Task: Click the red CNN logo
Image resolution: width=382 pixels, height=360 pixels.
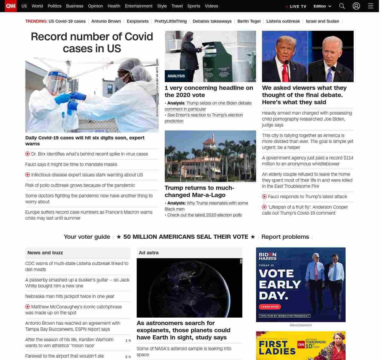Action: click(x=11, y=6)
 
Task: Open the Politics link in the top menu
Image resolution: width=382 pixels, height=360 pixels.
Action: click(x=54, y=6)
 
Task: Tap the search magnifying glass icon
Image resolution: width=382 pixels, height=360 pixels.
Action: click(x=342, y=6)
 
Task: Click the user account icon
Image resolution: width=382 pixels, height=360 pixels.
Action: click(x=356, y=6)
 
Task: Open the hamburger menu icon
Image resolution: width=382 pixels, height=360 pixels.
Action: click(x=371, y=6)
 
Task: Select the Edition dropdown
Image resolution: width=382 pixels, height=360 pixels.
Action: click(x=322, y=6)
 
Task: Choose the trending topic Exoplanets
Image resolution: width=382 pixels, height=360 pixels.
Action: click(x=138, y=21)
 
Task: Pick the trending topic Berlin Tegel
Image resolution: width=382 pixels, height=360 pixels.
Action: click(x=249, y=21)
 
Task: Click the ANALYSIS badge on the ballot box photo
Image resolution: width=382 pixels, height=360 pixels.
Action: click(x=176, y=76)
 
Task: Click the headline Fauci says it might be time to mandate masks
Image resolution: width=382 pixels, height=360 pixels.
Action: click(x=71, y=164)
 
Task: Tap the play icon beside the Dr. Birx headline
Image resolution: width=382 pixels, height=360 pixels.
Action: click(x=28, y=154)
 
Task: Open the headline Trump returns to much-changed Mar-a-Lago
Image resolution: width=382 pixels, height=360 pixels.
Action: click(x=199, y=191)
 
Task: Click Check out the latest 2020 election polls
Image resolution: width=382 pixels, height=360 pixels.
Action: click(x=204, y=215)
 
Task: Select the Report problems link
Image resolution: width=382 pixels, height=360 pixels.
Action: click(x=285, y=237)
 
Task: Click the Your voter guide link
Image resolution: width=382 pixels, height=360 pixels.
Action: click(x=87, y=237)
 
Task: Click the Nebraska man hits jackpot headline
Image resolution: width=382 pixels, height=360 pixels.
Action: click(x=70, y=296)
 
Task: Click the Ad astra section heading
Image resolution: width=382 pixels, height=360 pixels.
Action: click(x=149, y=253)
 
